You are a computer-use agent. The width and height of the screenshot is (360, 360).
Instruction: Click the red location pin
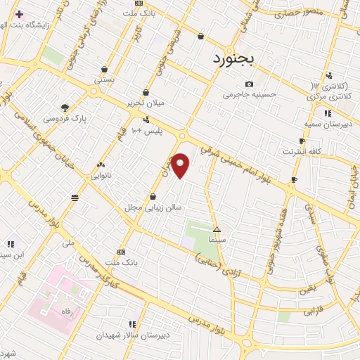tap(181, 165)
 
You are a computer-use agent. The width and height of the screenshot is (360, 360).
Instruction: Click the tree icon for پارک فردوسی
tap(65, 108)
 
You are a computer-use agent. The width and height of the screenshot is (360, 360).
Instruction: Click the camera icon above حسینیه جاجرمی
tap(249, 84)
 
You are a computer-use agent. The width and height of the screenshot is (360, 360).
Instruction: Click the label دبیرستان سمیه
tap(327, 124)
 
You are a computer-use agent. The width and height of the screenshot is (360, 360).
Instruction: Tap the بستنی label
tap(103, 80)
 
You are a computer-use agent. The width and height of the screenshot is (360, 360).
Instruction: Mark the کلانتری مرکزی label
tap(329, 94)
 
